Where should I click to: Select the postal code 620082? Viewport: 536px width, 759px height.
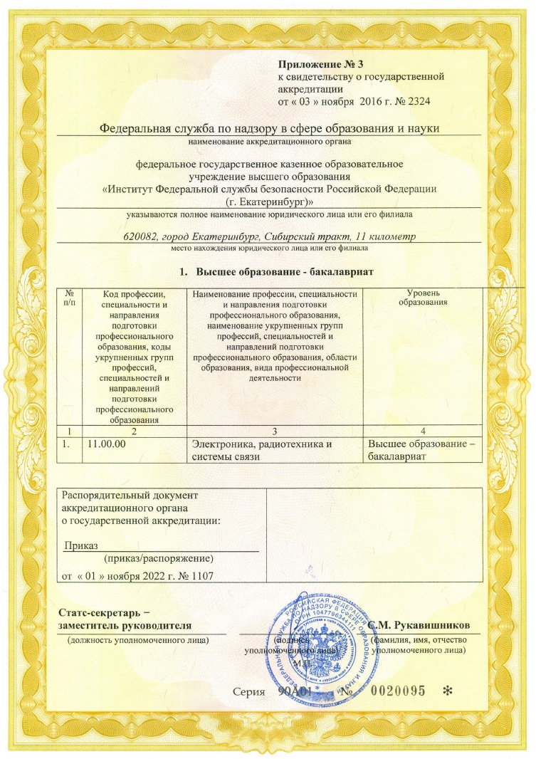[x=142, y=236]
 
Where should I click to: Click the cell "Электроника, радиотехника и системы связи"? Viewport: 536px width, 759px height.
[x=263, y=451]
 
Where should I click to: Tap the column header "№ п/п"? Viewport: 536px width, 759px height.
[x=70, y=298]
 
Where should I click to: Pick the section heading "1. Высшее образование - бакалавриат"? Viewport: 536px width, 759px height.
[x=275, y=273]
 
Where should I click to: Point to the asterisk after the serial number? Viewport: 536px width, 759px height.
[x=448, y=691]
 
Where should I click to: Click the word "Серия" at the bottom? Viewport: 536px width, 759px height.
[x=249, y=691]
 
